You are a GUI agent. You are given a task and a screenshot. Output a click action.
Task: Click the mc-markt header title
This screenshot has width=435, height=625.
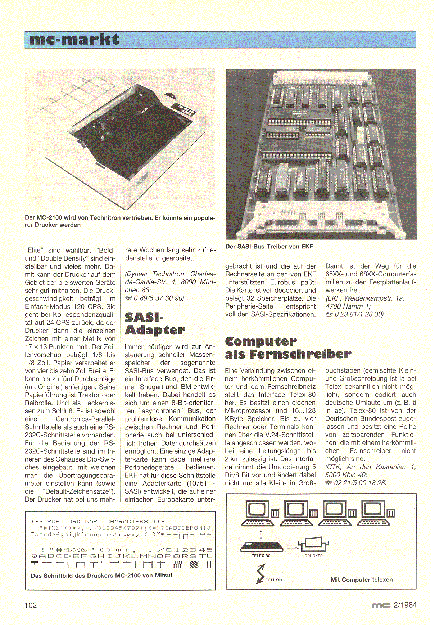click(x=74, y=39)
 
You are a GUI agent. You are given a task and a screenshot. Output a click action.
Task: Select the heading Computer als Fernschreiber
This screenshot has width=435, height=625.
click(x=287, y=348)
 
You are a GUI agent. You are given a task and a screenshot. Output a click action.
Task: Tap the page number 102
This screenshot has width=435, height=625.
click(x=31, y=605)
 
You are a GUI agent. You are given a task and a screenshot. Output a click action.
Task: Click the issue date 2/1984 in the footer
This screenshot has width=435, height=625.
click(x=405, y=605)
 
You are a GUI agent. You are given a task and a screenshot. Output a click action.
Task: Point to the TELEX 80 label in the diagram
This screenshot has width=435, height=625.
click(x=261, y=556)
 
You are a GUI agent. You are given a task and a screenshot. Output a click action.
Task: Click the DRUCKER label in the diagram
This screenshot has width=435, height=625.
click(x=313, y=556)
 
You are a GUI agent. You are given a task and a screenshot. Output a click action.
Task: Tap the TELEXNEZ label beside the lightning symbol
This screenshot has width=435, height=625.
click(x=276, y=580)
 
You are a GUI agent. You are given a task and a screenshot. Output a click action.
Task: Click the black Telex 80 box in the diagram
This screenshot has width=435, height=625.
click(x=262, y=547)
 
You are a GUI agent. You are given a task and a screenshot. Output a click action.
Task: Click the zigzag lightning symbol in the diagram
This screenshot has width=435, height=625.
click(x=260, y=574)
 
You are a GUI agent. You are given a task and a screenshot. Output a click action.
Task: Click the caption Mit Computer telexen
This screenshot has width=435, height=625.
click(x=362, y=580)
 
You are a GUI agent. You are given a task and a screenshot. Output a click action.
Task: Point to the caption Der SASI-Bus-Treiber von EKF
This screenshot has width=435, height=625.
click(x=269, y=247)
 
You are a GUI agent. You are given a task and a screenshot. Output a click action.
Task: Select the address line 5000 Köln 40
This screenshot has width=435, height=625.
click(x=346, y=475)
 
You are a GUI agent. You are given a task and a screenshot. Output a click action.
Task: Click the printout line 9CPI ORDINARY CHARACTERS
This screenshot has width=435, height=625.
click(x=98, y=521)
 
